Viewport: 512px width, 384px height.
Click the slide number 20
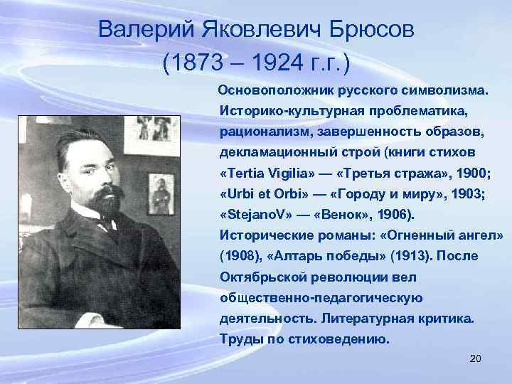[476, 359]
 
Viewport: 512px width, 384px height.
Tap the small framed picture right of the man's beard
[160, 194]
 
